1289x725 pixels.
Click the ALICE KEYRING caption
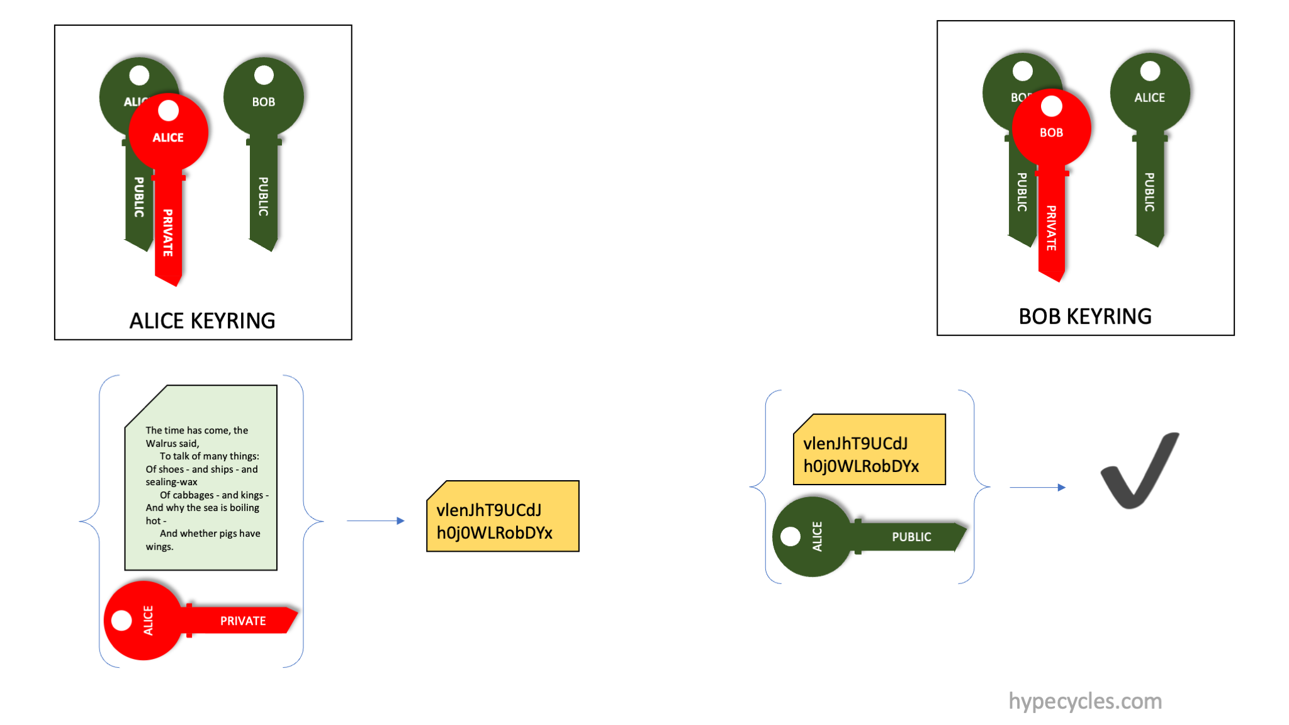coord(202,320)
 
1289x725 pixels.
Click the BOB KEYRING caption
coord(1085,316)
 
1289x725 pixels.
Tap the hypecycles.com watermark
coord(1085,701)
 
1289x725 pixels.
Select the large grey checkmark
coord(1139,472)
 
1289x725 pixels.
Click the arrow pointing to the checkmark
coord(1037,487)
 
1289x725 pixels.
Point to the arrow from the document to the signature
coord(375,520)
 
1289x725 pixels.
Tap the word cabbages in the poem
coord(193,495)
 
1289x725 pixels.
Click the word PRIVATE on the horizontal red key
coord(243,621)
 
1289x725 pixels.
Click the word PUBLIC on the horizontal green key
coord(911,537)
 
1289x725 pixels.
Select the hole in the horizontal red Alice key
coord(121,621)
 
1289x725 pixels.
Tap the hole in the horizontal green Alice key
coord(791,537)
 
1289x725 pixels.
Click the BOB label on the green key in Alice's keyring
coord(264,102)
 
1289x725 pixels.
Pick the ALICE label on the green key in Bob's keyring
coord(1149,98)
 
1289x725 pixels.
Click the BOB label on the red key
coord(1051,133)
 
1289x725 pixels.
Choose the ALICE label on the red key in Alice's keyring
coord(168,137)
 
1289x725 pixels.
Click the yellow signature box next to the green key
coord(869,449)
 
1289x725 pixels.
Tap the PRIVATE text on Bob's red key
coord(1051,228)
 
